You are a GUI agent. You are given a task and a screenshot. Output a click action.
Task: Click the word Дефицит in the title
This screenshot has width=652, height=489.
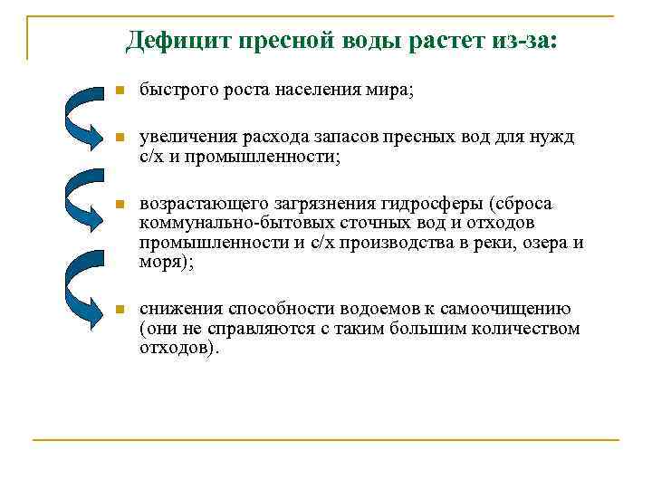pyautogui.click(x=178, y=40)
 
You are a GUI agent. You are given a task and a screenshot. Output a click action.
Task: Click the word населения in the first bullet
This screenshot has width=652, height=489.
pyautogui.click(x=320, y=92)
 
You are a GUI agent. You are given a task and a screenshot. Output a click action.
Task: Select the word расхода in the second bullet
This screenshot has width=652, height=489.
pyautogui.click(x=259, y=138)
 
